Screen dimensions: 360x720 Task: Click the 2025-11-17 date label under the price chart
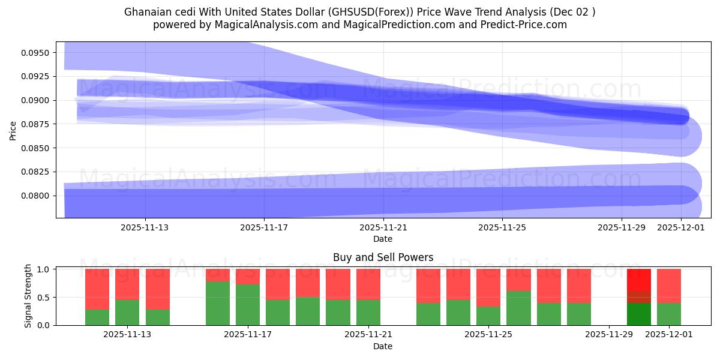264,227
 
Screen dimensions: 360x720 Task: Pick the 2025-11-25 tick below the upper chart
502,227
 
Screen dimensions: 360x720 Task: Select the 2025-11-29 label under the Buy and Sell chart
608,335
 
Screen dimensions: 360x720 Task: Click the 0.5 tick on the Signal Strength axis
44,298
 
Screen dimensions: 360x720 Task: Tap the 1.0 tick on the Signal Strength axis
44,269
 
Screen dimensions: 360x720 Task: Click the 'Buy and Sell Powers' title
383,257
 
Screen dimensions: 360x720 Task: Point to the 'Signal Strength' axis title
28,296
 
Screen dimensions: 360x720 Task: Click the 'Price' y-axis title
13,130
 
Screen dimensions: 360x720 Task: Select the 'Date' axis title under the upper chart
383,239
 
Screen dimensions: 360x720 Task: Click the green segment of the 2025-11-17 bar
248,305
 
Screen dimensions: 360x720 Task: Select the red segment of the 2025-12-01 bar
669,286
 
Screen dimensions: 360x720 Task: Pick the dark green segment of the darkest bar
639,314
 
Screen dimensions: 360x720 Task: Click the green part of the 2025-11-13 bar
127,312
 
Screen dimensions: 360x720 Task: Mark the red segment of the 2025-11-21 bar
368,284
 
